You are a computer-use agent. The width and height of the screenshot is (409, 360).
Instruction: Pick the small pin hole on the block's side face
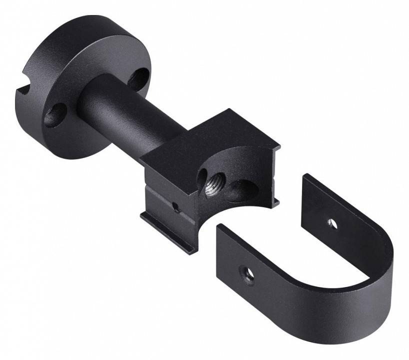175,205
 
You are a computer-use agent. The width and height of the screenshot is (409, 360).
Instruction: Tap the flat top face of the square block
210,135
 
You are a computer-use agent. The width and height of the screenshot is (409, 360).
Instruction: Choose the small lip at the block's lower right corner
274,202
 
